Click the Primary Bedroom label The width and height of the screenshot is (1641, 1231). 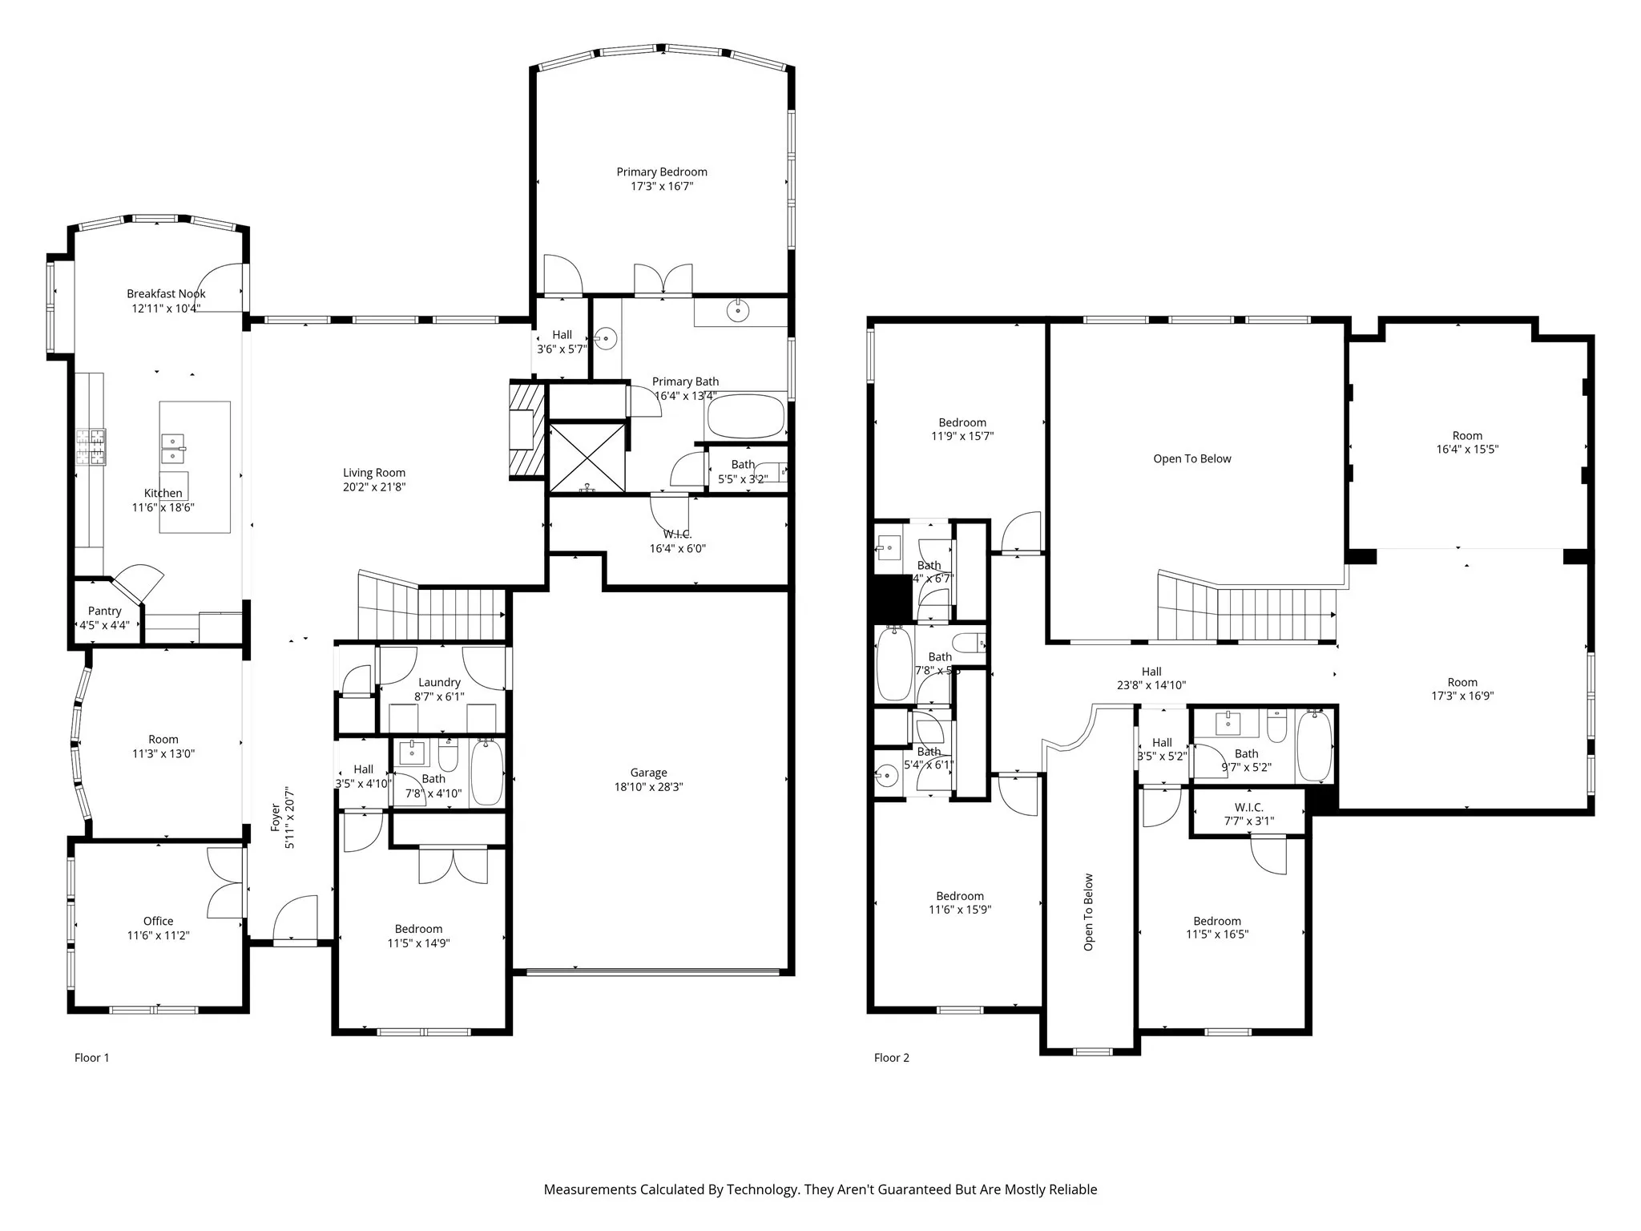click(x=661, y=172)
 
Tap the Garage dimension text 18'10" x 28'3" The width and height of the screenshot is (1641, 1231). click(x=648, y=787)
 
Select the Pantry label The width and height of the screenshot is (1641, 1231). click(x=104, y=611)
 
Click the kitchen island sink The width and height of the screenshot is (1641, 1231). click(x=173, y=449)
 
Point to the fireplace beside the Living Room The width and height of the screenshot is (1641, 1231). click(x=526, y=430)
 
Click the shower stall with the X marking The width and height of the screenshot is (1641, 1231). click(x=587, y=457)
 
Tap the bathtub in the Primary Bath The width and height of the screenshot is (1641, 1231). click(x=745, y=416)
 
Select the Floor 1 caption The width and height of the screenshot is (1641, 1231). click(x=91, y=1058)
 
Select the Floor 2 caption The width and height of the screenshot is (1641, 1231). click(x=891, y=1058)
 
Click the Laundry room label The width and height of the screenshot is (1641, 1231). click(x=439, y=682)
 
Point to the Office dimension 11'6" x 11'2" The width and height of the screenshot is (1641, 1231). click(x=158, y=935)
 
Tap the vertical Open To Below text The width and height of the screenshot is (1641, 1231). click(x=1088, y=912)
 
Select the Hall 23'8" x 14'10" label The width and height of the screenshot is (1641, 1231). click(x=1151, y=678)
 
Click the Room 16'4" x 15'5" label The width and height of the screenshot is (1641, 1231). click(x=1467, y=442)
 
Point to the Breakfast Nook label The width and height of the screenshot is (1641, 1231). click(x=166, y=294)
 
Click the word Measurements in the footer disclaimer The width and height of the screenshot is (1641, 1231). click(x=589, y=1189)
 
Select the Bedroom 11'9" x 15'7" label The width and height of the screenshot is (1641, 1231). click(x=962, y=430)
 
